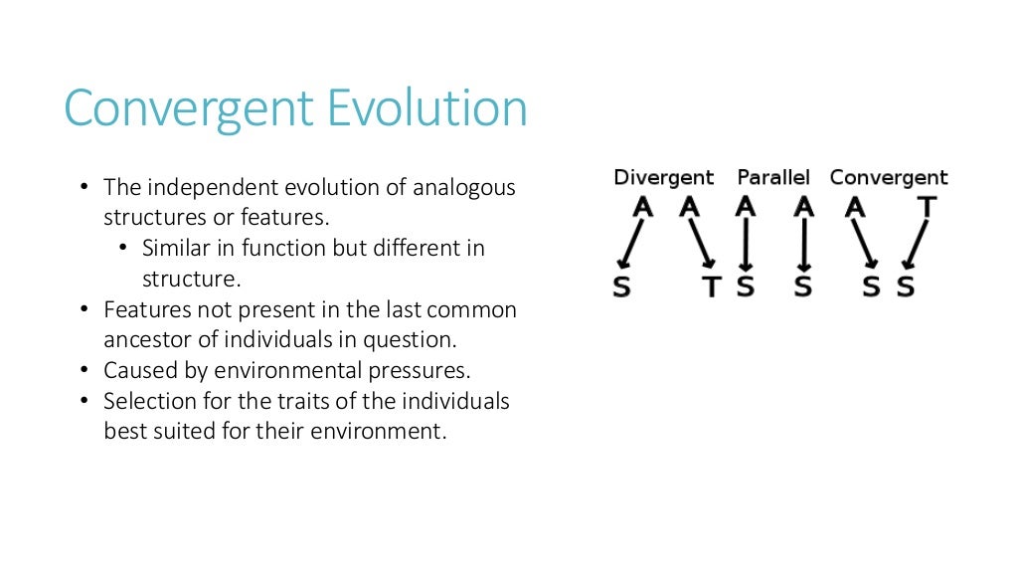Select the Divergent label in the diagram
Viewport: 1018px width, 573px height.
[663, 178]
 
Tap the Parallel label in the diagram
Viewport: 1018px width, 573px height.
[773, 178]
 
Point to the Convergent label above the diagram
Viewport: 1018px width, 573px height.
[889, 178]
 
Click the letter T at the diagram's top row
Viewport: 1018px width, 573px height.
[927, 207]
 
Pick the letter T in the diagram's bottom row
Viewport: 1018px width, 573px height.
[711, 287]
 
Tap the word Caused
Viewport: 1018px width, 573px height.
[137, 371]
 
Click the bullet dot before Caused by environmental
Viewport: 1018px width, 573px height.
[84, 371]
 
